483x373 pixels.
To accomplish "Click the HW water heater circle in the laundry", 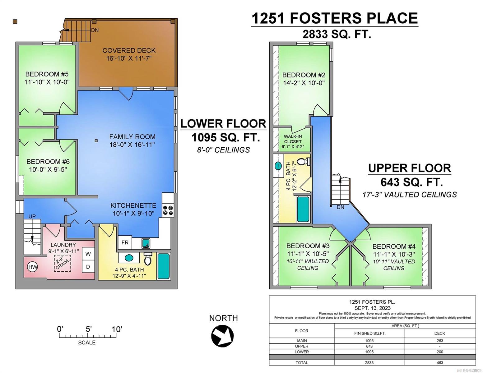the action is pos(32,267).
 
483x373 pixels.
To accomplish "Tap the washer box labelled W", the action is pos(88,254).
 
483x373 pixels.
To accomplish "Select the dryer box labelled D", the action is pos(88,267).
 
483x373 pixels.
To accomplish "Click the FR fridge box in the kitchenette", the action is pos(125,242).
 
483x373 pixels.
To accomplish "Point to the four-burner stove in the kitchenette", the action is pos(168,210).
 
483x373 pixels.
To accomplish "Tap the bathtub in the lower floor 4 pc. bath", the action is pos(164,266).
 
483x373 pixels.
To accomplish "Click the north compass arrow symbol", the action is pos(222,336).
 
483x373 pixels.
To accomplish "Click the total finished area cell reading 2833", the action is pos(369,362).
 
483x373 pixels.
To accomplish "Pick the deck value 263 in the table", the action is pos(440,341).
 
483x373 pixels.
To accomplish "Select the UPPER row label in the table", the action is pos(302,346).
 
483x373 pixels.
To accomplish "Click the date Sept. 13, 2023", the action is pos(372,308).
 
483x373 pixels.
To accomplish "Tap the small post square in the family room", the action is pos(96,140).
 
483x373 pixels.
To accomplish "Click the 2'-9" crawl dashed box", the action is pos(63,263).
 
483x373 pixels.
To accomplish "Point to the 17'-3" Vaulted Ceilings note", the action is pos(410,195).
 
